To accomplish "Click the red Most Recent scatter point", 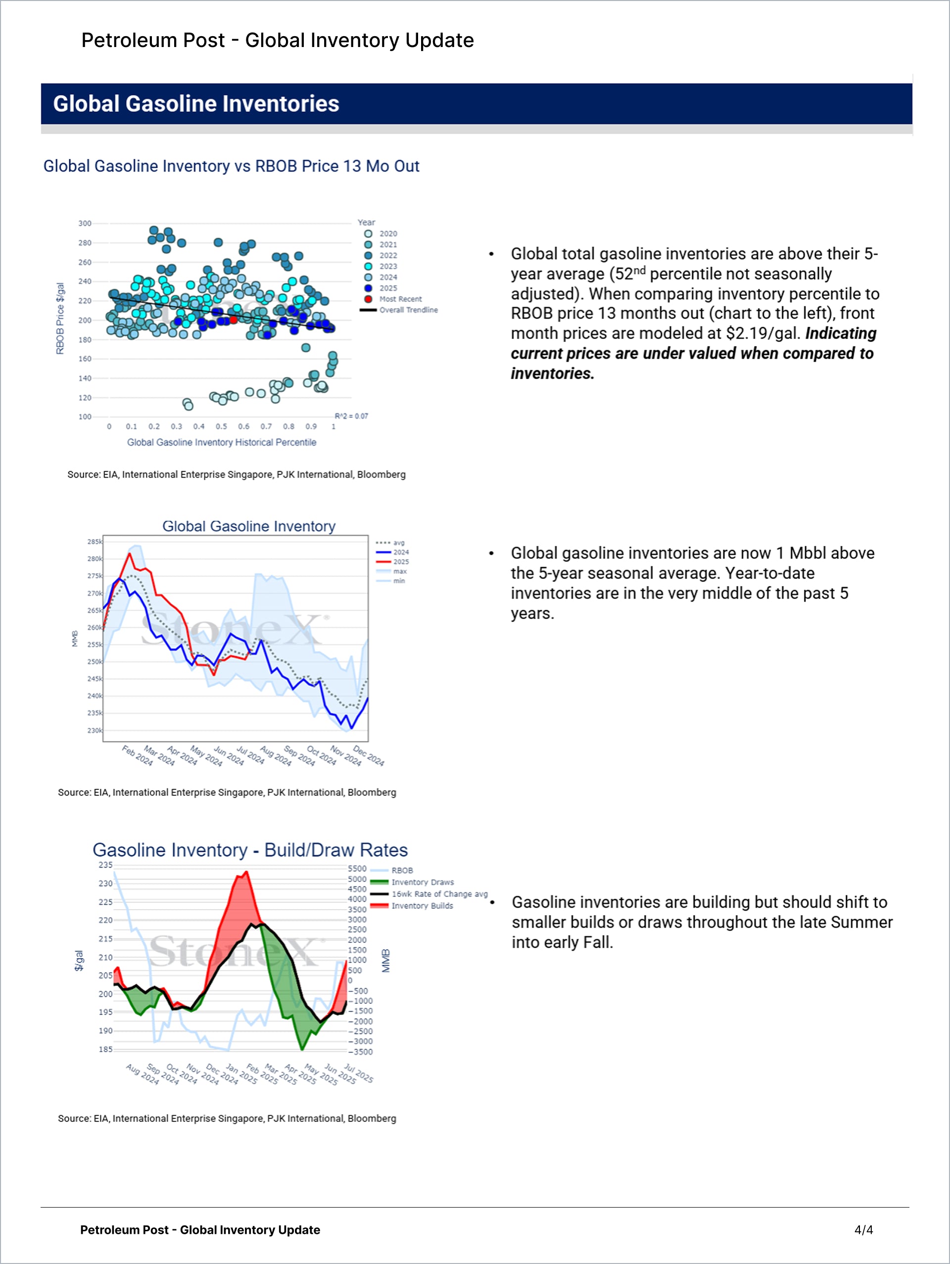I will (233, 319).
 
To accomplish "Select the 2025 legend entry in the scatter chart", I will (388, 288).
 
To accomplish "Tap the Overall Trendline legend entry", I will (408, 310).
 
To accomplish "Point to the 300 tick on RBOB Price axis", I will (85, 223).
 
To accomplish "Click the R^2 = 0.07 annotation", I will (351, 416).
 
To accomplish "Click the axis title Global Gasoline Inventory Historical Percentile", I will (222, 442).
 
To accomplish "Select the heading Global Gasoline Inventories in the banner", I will (196, 104).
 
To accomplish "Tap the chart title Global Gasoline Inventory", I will (248, 526).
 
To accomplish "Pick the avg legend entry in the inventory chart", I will (399, 543).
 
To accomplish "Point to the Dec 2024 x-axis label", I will (369, 755).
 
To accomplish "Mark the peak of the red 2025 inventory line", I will (130, 553).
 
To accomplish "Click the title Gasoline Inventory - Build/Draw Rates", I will (250, 850).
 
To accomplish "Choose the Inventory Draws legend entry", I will (422, 882).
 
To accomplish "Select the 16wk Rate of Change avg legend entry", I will (439, 894).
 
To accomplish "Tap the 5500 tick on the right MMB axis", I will (357, 869).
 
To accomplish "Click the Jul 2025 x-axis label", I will (359, 1074).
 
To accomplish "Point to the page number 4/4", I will (864, 1230).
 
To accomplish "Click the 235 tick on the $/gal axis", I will (106, 865).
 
